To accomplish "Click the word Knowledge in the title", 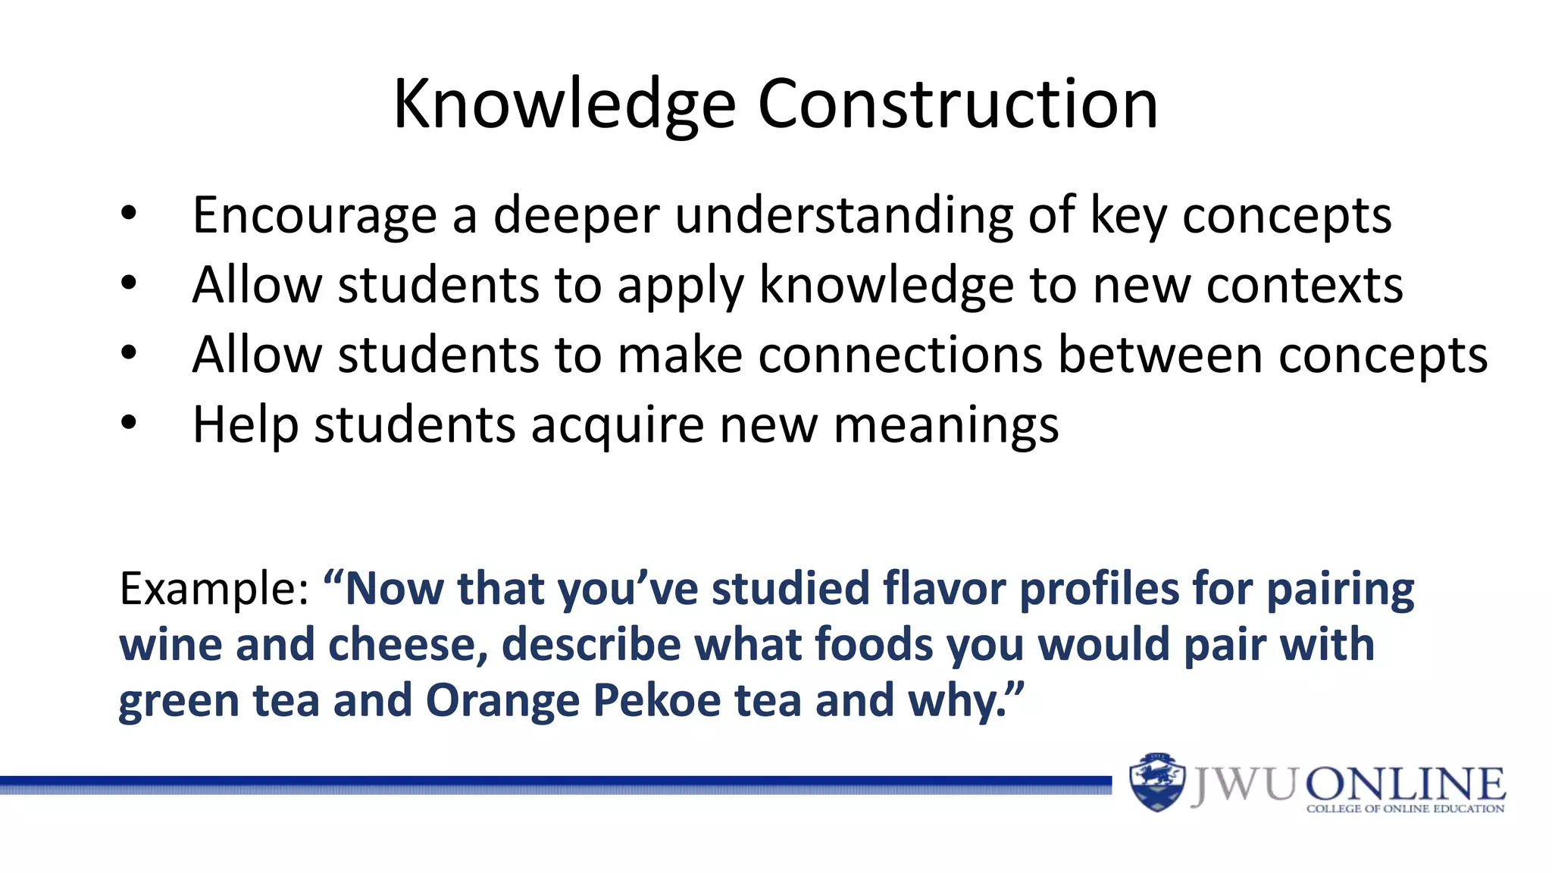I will point(565,106).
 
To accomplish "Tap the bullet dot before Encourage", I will point(129,214).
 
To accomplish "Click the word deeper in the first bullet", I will point(577,217).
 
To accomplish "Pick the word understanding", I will point(843,217).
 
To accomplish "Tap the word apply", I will point(681,287).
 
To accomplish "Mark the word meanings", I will point(946,426).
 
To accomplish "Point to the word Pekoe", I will point(656,700).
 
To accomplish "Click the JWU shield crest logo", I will point(1156,782).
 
